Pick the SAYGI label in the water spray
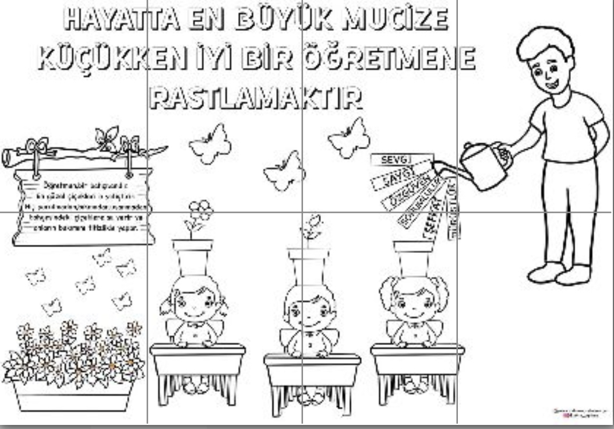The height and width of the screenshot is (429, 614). [x=396, y=177]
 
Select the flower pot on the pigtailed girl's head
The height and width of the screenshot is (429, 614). [x=413, y=258]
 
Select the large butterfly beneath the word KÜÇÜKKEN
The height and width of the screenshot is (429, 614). [x=210, y=143]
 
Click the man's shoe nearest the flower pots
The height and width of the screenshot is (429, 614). [x=545, y=272]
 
